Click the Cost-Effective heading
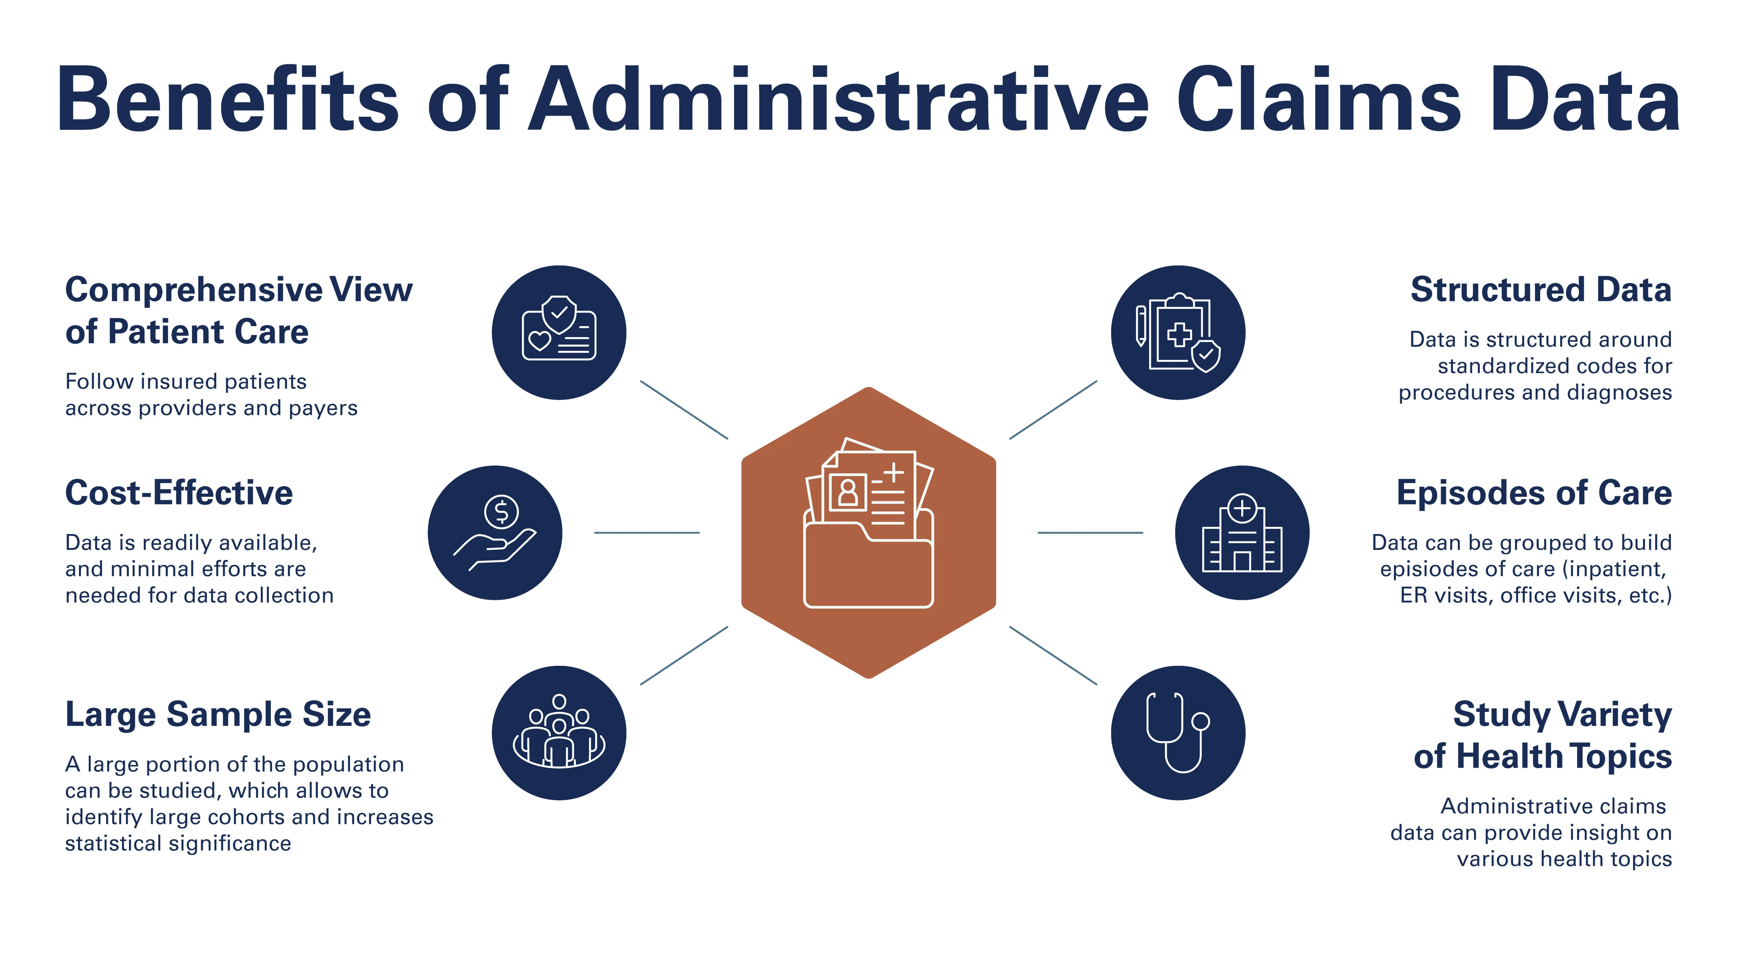(x=179, y=493)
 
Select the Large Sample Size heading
(x=218, y=715)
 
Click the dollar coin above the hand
(x=501, y=512)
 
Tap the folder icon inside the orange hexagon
(x=868, y=533)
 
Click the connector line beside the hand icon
(x=646, y=533)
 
